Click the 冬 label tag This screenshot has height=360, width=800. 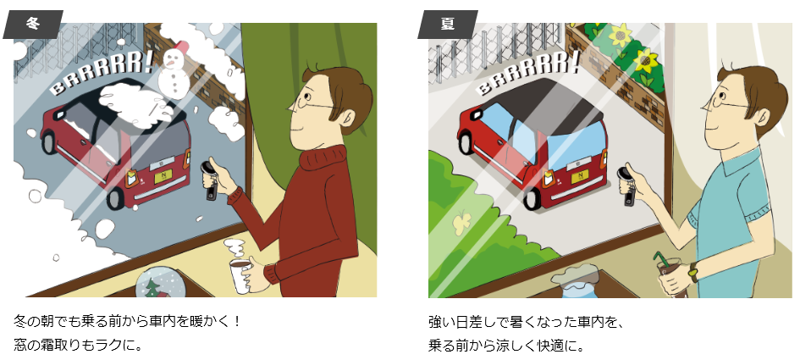tap(33, 24)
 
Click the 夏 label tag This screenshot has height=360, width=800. tap(448, 24)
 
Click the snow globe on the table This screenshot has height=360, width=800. tap(161, 284)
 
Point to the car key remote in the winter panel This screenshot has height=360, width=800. tap(210, 180)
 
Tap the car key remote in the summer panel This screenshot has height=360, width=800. tap(626, 185)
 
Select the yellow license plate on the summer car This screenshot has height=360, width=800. tap(581, 177)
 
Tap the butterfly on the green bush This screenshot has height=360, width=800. tap(461, 221)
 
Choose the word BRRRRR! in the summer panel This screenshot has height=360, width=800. tap(529, 73)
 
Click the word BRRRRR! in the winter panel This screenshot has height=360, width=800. tap(102, 74)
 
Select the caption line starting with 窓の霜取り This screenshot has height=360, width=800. tap(78, 346)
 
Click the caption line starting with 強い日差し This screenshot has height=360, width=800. tap(526, 323)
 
